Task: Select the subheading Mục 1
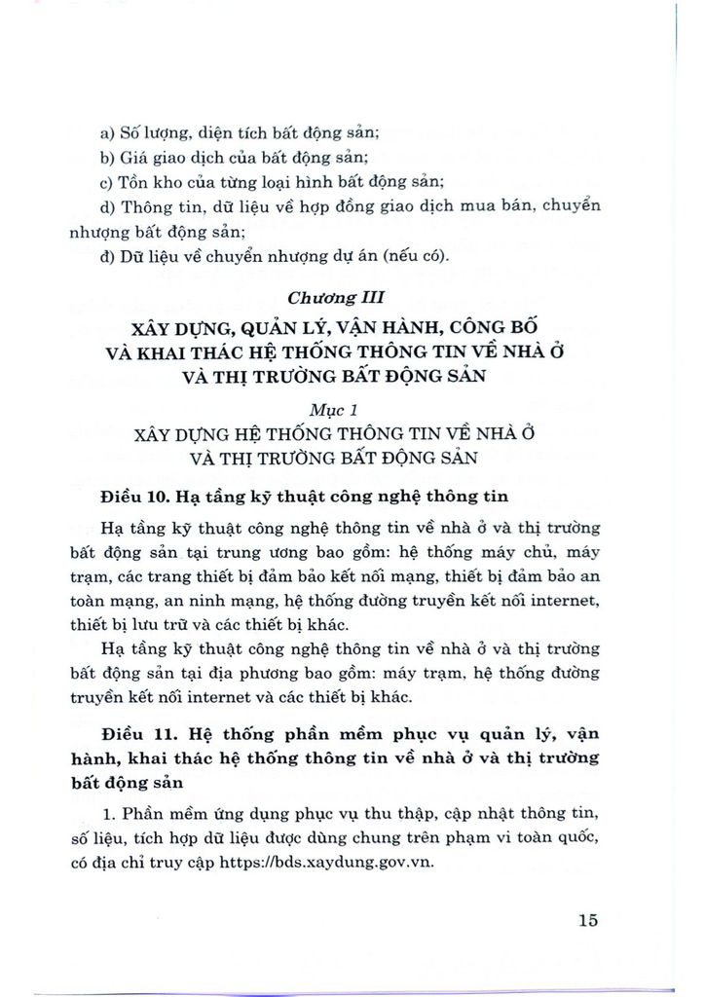click(352, 410)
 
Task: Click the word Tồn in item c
click(137, 181)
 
